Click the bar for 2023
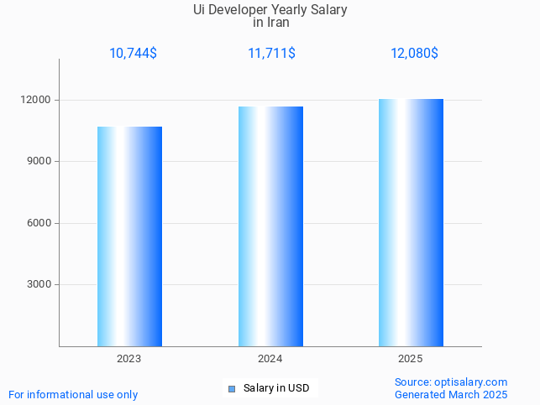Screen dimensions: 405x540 129,236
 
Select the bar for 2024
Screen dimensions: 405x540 270,226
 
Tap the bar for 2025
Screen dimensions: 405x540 411,222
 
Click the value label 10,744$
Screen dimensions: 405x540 133,54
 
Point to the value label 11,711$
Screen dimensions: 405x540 271,54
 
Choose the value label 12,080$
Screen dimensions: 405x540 414,54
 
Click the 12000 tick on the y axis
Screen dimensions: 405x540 37,100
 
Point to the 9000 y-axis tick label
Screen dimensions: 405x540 39,161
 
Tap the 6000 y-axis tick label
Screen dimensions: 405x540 39,223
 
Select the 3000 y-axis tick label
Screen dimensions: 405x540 39,284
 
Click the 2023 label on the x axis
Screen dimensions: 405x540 129,359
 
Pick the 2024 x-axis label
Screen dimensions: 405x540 270,359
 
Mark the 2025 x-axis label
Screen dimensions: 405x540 411,359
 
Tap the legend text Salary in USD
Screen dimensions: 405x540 276,388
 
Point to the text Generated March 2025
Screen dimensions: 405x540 451,394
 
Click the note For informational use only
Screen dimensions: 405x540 73,394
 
